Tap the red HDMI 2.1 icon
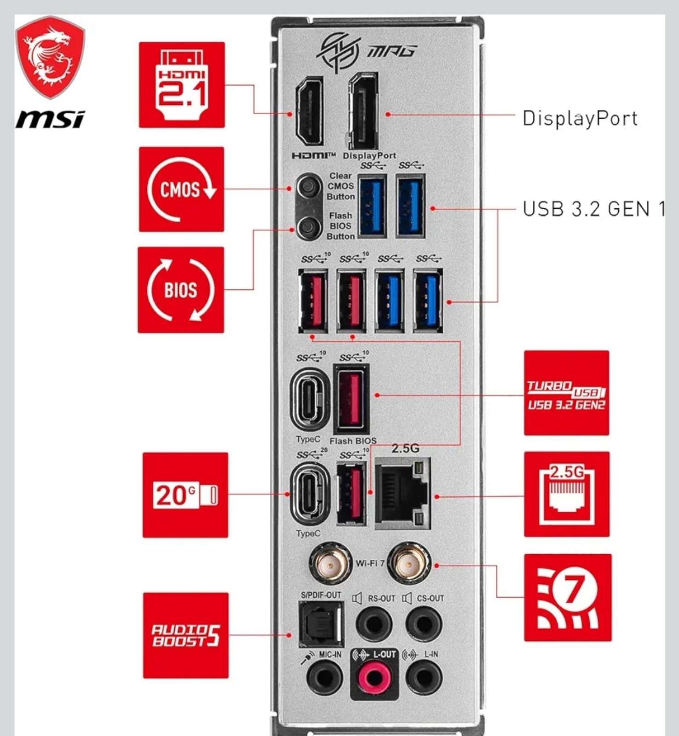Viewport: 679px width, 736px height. click(x=182, y=85)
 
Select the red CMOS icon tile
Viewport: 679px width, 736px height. click(x=181, y=190)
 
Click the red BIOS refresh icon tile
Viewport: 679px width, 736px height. click(x=181, y=290)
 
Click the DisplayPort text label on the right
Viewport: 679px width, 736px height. click(x=580, y=119)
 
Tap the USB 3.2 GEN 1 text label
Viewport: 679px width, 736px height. click(x=593, y=209)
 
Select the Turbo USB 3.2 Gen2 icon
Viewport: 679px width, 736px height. click(x=566, y=393)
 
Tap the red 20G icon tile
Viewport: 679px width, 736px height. click(x=185, y=495)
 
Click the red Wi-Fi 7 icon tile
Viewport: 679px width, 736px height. click(x=568, y=598)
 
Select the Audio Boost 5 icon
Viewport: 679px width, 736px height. click(x=185, y=635)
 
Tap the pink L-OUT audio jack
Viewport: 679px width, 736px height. click(x=374, y=678)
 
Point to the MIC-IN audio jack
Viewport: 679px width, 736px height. click(x=324, y=678)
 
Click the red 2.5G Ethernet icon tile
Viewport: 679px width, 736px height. click(x=567, y=494)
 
